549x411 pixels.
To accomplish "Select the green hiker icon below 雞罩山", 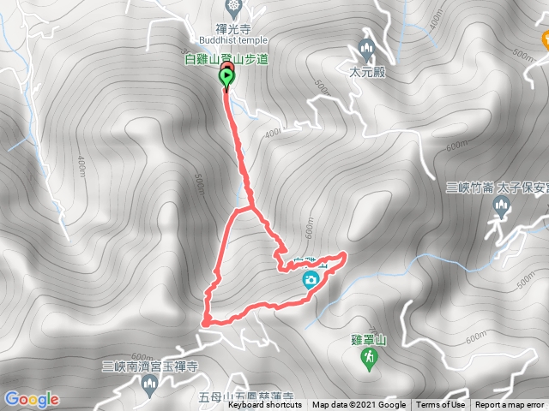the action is (x=369, y=362).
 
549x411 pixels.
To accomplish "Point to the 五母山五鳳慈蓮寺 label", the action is (x=246, y=397).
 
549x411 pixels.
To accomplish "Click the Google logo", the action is (x=31, y=398).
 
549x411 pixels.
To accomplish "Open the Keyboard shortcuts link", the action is (x=264, y=405).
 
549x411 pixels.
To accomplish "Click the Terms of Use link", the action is (x=441, y=405).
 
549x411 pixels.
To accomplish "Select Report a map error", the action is (x=510, y=405).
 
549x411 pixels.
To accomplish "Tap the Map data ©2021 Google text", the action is (x=359, y=405).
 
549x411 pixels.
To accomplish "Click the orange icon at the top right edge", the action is (x=544, y=39).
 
